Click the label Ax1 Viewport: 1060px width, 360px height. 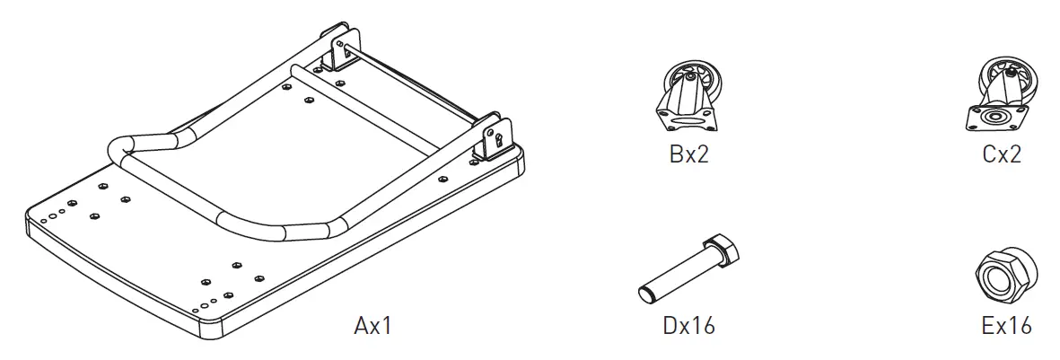[x=372, y=325]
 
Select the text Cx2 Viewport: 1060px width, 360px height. [x=1002, y=155]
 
